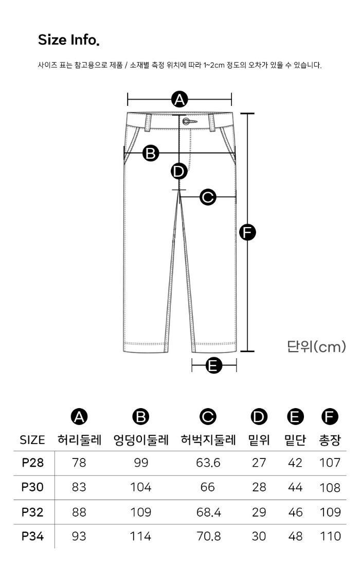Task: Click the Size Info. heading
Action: (x=68, y=40)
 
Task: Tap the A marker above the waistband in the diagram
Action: (x=179, y=99)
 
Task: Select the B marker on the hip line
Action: (x=151, y=153)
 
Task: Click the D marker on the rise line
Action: (x=179, y=171)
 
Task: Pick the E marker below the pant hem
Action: (x=213, y=365)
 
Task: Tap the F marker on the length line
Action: (x=247, y=232)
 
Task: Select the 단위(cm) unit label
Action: (x=316, y=346)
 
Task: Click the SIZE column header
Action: (x=32, y=440)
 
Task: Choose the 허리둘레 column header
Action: (x=79, y=440)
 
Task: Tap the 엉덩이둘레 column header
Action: (x=141, y=440)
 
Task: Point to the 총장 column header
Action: (x=330, y=440)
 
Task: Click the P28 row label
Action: (x=33, y=463)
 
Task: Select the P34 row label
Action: (x=33, y=536)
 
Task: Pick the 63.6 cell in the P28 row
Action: (x=208, y=463)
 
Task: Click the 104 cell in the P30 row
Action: (x=140, y=487)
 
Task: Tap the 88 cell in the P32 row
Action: (x=79, y=512)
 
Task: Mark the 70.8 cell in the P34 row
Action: (x=208, y=536)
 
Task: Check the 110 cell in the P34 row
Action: (x=330, y=536)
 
